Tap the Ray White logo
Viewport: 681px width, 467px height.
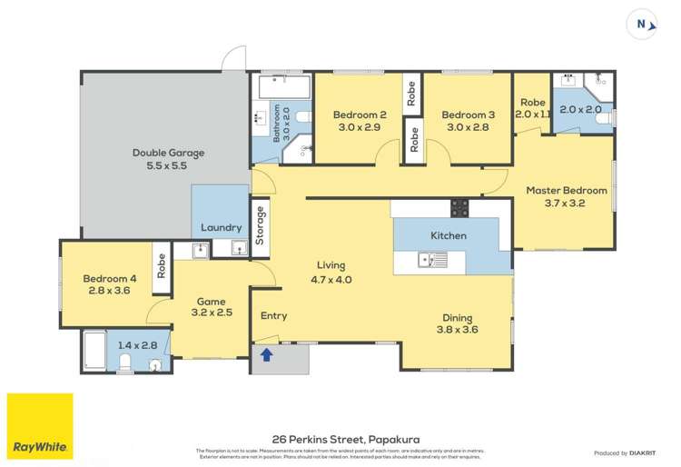point(40,426)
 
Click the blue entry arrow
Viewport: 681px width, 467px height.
point(268,353)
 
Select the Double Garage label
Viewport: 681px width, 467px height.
point(168,154)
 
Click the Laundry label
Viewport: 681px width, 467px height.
point(221,227)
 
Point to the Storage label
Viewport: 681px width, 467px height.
point(262,225)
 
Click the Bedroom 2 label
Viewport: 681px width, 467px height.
point(360,115)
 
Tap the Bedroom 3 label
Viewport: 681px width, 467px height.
point(468,115)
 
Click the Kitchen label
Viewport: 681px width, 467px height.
point(448,235)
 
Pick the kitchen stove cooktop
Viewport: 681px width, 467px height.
point(459,208)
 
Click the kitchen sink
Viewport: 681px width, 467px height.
point(432,262)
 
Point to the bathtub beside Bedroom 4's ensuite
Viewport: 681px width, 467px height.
point(94,351)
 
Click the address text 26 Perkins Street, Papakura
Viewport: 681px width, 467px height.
point(340,437)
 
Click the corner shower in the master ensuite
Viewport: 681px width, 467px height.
point(599,87)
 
